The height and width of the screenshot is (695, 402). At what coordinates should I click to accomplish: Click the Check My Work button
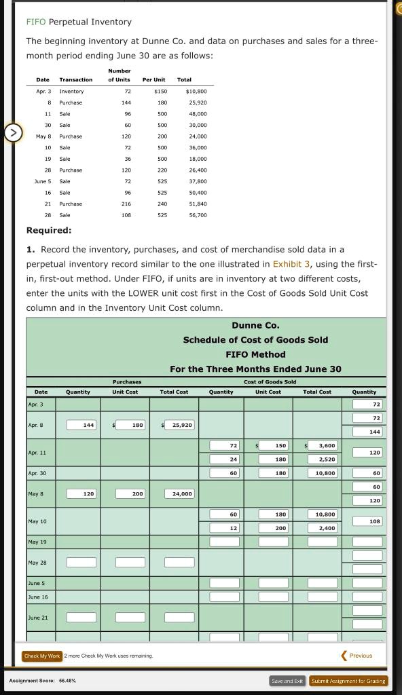42,656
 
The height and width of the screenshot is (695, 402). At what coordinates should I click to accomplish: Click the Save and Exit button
288,681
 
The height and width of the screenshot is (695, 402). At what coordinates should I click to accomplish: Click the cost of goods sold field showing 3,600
320,445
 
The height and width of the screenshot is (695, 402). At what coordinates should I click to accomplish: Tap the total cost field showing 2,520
320,459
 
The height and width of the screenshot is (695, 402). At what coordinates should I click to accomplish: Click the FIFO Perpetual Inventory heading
79,22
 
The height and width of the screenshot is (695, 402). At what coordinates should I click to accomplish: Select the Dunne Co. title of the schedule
255,326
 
